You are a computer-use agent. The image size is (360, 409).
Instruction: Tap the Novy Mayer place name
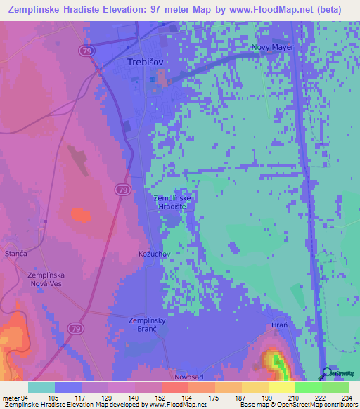click(x=272, y=48)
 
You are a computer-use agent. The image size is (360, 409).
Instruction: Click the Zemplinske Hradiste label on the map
click(x=171, y=202)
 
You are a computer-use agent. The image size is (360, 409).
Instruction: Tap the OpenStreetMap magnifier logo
click(x=325, y=373)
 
